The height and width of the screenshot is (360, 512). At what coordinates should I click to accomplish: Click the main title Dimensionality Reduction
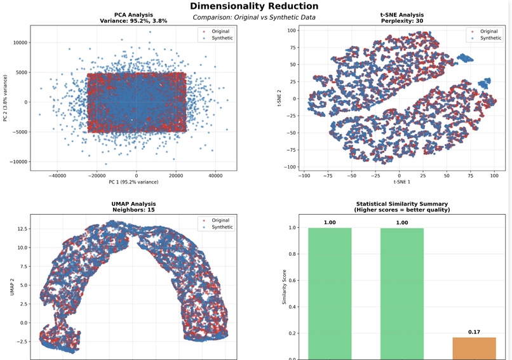pos(254,6)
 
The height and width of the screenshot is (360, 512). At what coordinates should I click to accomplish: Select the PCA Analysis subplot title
pos(133,15)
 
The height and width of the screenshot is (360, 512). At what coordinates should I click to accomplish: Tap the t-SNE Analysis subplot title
pos(402,15)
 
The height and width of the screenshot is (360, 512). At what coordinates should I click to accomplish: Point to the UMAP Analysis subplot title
pos(133,204)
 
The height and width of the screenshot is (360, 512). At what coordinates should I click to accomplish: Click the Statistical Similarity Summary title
pos(402,204)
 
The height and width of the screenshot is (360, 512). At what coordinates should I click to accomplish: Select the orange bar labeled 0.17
pos(474,349)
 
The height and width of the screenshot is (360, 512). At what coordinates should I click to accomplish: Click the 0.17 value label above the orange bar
pos(474,332)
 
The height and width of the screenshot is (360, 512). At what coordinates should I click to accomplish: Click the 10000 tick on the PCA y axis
pos(20,43)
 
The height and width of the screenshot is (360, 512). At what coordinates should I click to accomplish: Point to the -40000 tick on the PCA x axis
pos(57,176)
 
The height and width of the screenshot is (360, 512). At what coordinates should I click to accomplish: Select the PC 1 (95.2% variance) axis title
pos(133,182)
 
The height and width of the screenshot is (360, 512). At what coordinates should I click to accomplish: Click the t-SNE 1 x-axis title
pos(402,182)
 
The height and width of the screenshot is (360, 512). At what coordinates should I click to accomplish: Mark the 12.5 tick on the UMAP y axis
pos(23,229)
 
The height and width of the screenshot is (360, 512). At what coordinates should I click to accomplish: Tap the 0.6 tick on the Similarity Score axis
pos(292,281)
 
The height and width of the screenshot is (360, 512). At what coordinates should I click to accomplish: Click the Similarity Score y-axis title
pos(284,287)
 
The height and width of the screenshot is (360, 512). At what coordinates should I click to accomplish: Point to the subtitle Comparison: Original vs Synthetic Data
pos(254,17)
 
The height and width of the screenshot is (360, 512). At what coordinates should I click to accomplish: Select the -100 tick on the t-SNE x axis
pos(304,176)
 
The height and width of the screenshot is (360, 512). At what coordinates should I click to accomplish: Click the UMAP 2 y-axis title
pos(13,287)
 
